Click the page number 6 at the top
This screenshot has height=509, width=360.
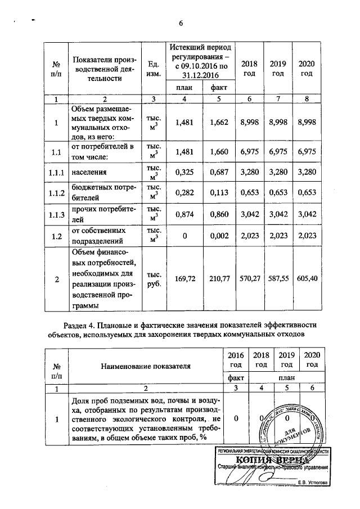coord(181,23)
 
